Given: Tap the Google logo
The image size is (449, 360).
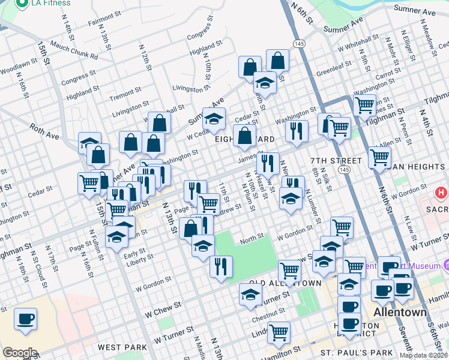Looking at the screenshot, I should (20, 353).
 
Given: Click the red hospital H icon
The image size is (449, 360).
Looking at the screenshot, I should (441, 194).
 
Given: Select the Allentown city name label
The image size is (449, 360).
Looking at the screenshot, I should (400, 313).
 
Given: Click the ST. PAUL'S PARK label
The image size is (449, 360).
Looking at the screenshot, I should (357, 352).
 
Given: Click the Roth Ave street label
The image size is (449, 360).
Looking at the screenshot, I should (44, 131).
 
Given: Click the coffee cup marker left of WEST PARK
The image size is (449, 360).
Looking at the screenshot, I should (25, 319).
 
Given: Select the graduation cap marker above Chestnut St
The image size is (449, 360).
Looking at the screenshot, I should (250, 294).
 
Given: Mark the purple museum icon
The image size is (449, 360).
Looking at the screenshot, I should (447, 265).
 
